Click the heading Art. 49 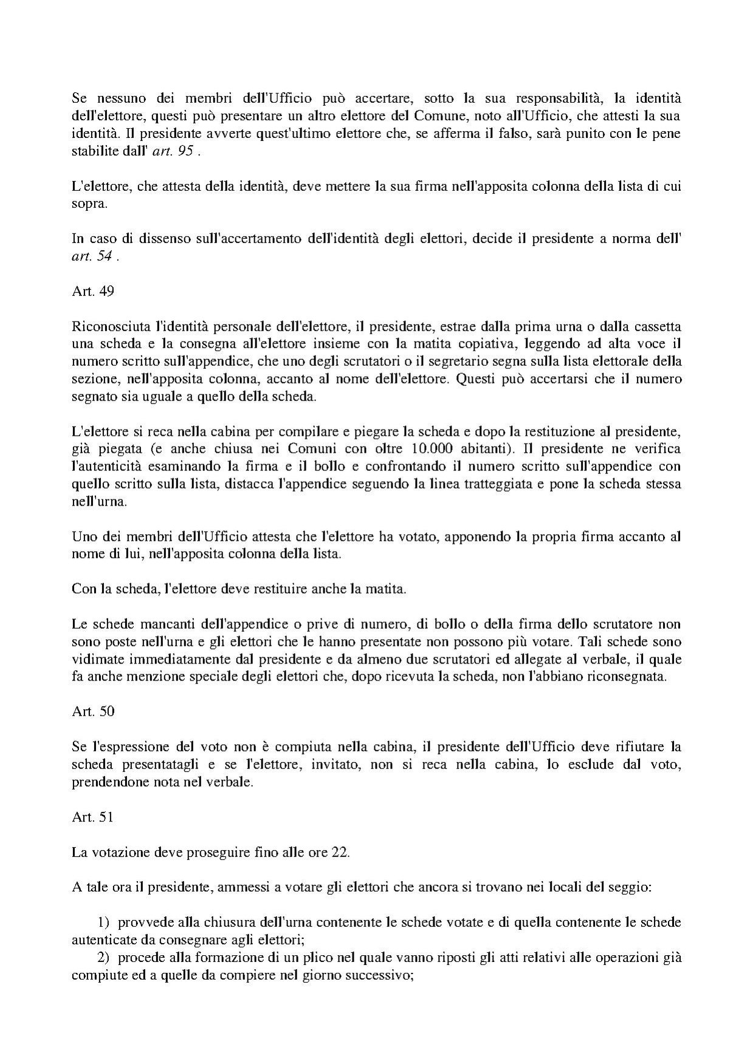[x=92, y=291]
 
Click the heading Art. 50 [x=92, y=712]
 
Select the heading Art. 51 [x=92, y=817]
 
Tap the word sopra [x=89, y=204]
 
